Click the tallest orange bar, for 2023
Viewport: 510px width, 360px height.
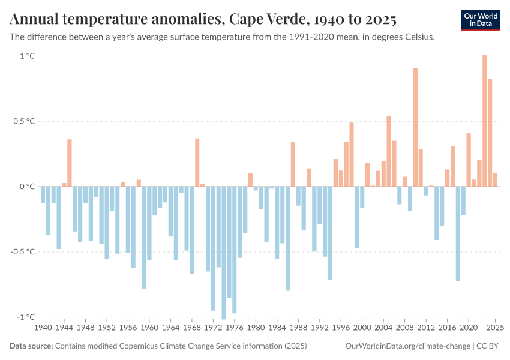(x=485, y=120)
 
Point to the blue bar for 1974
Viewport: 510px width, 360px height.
(x=224, y=252)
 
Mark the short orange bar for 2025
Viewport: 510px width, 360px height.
(x=496, y=179)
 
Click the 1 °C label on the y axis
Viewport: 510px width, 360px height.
(x=28, y=56)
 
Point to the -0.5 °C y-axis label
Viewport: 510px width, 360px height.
(x=24, y=251)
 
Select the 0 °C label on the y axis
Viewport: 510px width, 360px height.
(x=28, y=187)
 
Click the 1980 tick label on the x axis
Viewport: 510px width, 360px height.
(x=256, y=328)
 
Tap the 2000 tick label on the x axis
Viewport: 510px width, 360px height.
(x=362, y=328)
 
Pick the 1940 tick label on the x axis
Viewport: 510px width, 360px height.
(x=43, y=328)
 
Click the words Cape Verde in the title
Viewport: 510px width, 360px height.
(x=264, y=19)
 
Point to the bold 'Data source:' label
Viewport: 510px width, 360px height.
(x=31, y=346)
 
